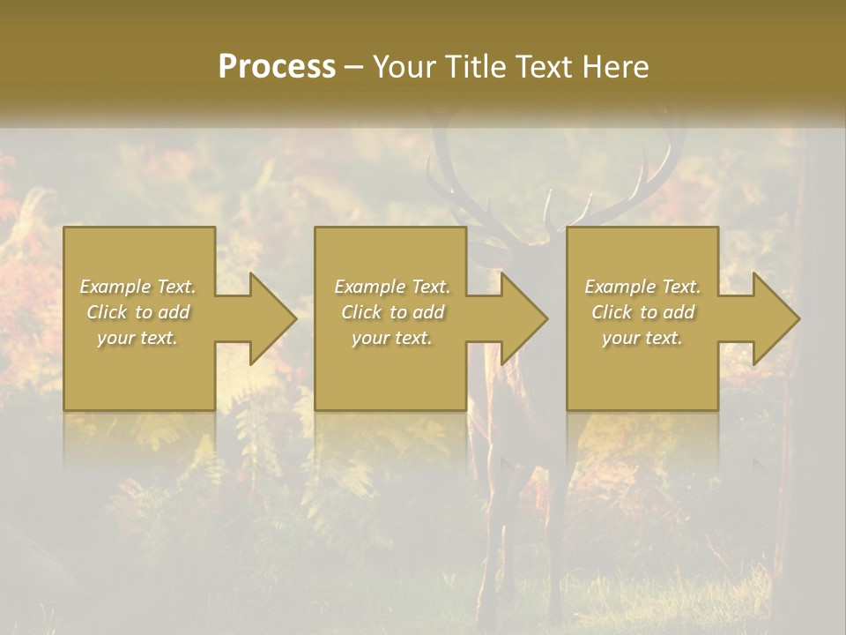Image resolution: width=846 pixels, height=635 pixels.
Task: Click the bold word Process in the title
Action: pos(277,67)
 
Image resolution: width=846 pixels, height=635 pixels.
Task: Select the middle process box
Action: pos(390,370)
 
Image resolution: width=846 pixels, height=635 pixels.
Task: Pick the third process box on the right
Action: pos(642,370)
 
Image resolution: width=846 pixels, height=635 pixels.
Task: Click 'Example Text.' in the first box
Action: pos(137,287)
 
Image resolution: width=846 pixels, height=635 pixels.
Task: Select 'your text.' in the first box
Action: pos(137,338)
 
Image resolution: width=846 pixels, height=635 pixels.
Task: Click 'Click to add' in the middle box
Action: pos(392,312)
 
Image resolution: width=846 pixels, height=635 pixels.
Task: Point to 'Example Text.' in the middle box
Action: pos(392,287)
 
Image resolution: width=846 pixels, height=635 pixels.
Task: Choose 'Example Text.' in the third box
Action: pos(642,287)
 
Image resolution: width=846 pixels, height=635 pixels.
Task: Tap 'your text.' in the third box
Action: pos(642,338)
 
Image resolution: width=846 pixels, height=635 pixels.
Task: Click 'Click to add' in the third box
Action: pos(642,312)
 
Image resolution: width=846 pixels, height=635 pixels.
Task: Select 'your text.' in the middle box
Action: pos(392,338)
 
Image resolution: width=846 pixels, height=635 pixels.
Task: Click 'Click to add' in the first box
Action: pos(137,312)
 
